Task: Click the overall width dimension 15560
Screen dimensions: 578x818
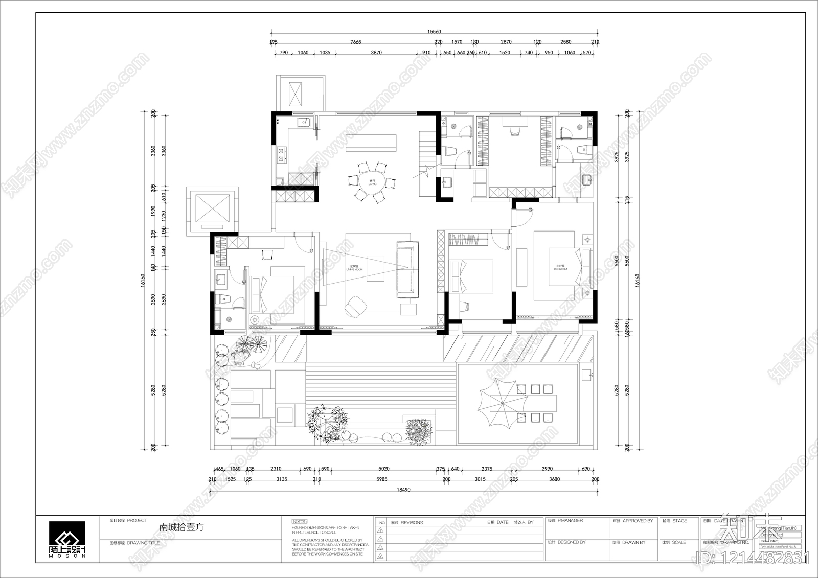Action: tap(434, 32)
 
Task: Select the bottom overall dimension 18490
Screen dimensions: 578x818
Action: tap(404, 490)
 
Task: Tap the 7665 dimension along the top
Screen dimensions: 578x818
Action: tap(356, 42)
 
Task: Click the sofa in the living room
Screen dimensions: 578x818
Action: tap(407, 269)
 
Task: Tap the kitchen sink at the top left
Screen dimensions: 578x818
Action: tap(303, 122)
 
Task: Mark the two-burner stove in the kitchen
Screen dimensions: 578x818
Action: tap(281, 155)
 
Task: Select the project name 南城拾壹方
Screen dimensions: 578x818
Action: tap(181, 527)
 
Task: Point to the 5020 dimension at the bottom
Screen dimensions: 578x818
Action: tap(384, 469)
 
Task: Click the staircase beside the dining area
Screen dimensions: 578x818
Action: tap(426, 164)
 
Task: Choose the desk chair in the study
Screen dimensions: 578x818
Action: tap(514, 130)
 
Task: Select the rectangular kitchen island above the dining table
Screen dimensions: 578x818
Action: tap(371, 143)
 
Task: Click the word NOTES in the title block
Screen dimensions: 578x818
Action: tap(299, 521)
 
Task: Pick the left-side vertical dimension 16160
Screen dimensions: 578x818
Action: tap(143, 281)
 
